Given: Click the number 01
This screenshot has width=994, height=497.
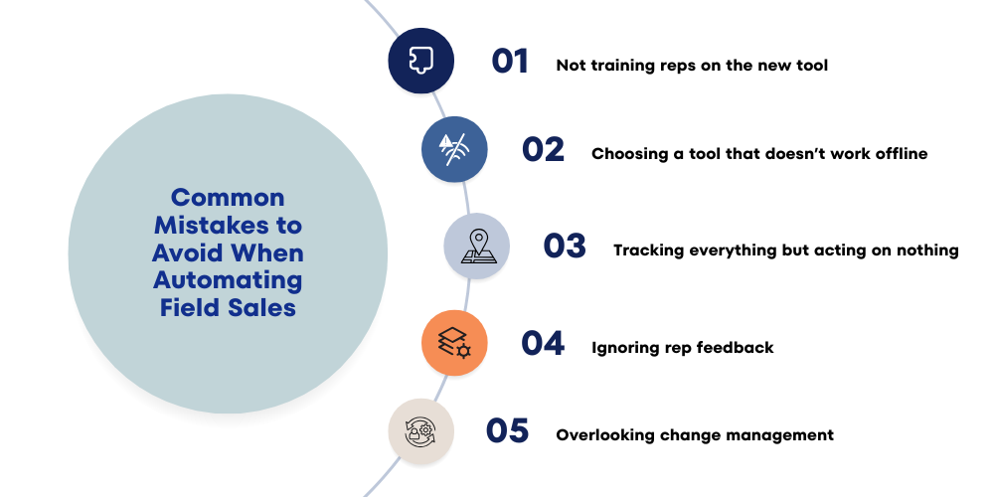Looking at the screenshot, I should click(x=510, y=62).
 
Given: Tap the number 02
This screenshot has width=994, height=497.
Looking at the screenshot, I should click(x=543, y=150).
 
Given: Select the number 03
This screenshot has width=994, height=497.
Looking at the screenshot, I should click(x=565, y=247).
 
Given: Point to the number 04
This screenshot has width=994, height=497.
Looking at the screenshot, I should click(x=543, y=343).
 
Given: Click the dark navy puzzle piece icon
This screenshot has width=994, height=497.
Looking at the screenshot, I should click(x=420, y=62).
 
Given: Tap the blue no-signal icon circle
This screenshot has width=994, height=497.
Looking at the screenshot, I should click(x=454, y=149).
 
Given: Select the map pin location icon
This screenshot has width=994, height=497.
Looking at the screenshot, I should click(x=477, y=247).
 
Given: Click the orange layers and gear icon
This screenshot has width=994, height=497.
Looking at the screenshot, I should click(x=454, y=343).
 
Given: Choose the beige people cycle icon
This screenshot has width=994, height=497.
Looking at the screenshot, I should click(x=420, y=431).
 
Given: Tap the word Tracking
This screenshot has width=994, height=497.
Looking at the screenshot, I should click(x=648, y=250).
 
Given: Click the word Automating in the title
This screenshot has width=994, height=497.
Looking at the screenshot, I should click(x=228, y=280).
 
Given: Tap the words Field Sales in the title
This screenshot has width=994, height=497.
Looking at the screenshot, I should click(x=228, y=308).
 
